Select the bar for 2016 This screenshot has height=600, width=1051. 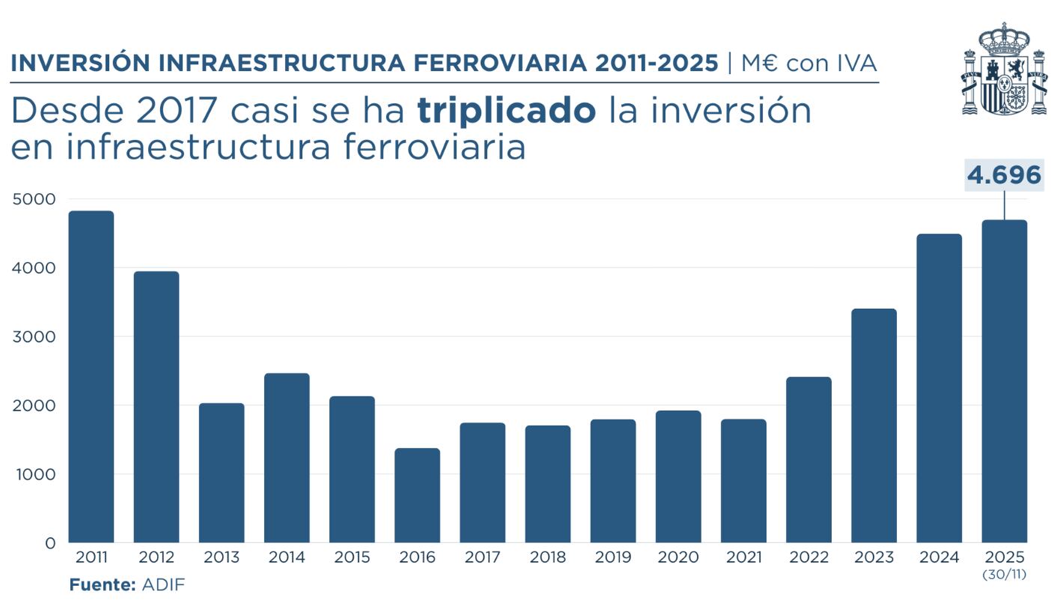[x=417, y=495]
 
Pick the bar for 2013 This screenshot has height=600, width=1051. [x=221, y=473]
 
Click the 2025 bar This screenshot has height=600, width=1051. [x=1004, y=381]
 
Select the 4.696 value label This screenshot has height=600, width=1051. [x=1004, y=175]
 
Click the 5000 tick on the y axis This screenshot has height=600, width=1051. [x=34, y=199]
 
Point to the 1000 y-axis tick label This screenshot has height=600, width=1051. [x=34, y=474]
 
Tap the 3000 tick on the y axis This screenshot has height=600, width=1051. [x=34, y=337]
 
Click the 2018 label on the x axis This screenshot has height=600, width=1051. [x=548, y=558]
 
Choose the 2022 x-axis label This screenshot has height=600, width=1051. [x=808, y=558]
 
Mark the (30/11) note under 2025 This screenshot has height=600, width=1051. [x=1004, y=575]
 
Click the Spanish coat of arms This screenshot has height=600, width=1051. [x=1003, y=69]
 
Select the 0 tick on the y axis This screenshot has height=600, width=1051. [x=50, y=543]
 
